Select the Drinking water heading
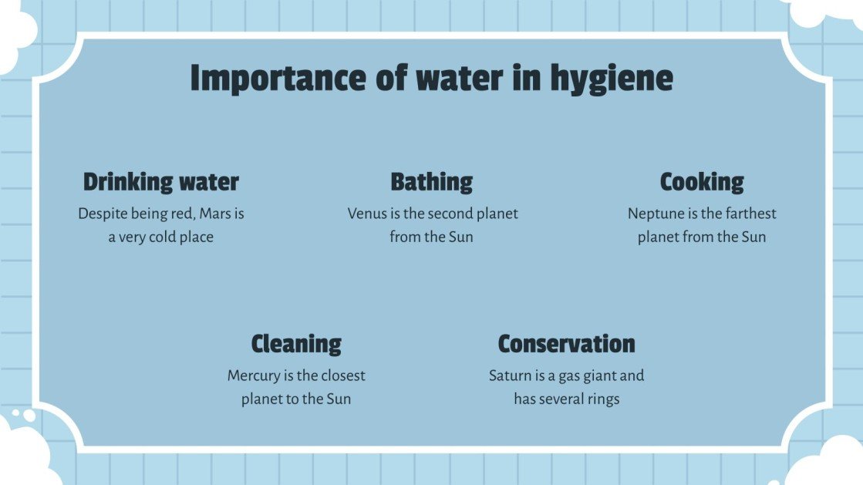coord(160,183)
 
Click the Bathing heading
coord(431,183)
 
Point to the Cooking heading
coord(702,183)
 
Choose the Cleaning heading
coord(296,344)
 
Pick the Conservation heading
coord(566,344)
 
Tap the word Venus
coord(366,214)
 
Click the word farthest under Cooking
coord(750,214)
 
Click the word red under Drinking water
coord(180,214)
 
